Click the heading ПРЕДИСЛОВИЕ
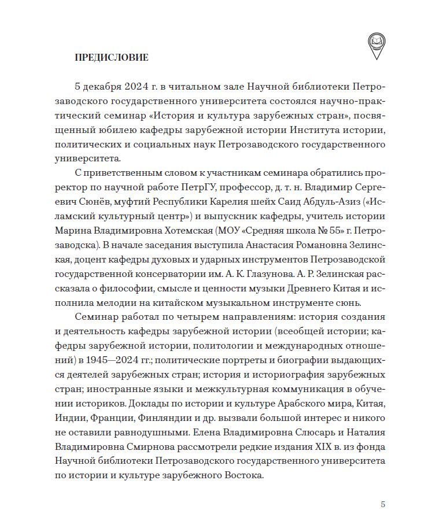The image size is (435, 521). point(112,57)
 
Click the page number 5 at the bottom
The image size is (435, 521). point(382,504)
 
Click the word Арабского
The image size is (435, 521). point(302,402)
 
